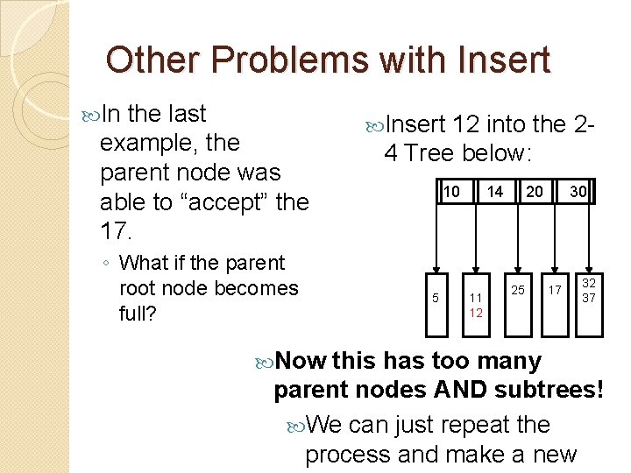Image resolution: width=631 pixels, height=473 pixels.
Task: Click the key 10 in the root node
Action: coord(450,192)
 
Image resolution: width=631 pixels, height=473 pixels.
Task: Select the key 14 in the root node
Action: coord(495,192)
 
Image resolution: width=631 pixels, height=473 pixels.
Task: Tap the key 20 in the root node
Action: coord(535,192)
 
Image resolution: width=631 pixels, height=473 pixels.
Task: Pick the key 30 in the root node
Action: coord(577,192)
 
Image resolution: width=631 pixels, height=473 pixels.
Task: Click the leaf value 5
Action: coord(436,298)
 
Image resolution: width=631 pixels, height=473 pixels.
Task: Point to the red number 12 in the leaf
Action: coord(475,313)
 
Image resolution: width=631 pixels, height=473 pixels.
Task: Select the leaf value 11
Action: coord(475,298)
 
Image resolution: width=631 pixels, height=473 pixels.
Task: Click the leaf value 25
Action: coord(518,290)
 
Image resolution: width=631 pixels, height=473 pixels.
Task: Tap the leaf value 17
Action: coord(553,290)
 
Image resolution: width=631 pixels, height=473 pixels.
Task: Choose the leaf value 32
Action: coord(589,284)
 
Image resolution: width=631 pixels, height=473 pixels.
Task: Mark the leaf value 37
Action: coord(589,298)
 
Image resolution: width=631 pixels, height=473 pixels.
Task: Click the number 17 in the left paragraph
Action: coord(117,231)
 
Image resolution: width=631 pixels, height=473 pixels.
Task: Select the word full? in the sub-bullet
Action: coord(138,313)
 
